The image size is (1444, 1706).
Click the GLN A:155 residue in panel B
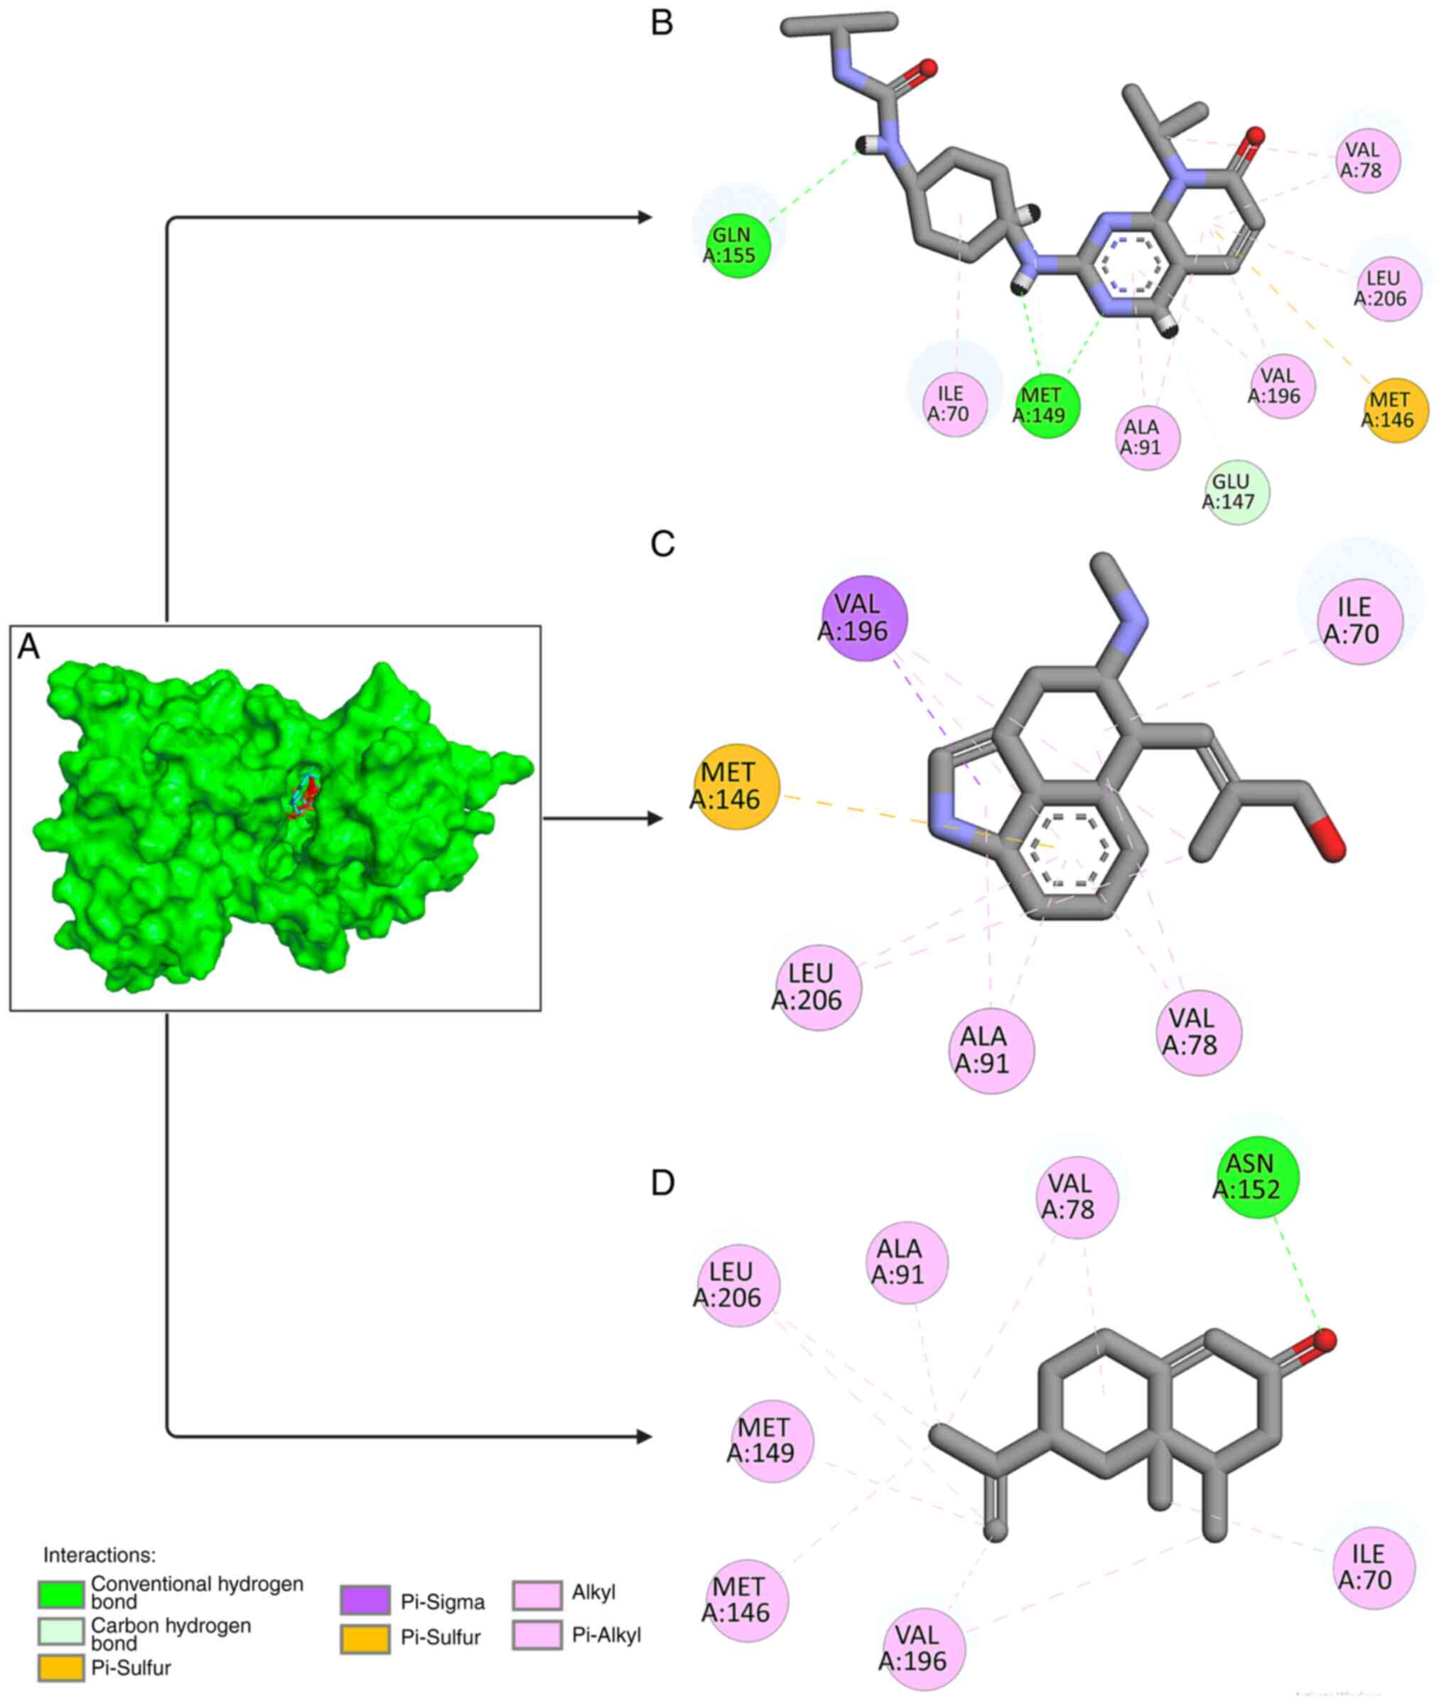[x=738, y=245]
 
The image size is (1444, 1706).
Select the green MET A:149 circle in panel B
[x=1047, y=405]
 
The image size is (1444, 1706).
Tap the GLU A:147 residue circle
[x=1236, y=491]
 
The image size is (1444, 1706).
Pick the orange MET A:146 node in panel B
[x=1396, y=410]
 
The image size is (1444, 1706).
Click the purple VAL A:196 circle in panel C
[x=863, y=617]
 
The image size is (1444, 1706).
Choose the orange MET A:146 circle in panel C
[x=736, y=786]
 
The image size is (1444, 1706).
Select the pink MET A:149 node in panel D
[x=771, y=1441]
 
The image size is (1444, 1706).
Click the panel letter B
[x=662, y=23]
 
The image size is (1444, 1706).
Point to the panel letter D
[x=662, y=1182]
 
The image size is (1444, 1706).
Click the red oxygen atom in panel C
[x=1330, y=844]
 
